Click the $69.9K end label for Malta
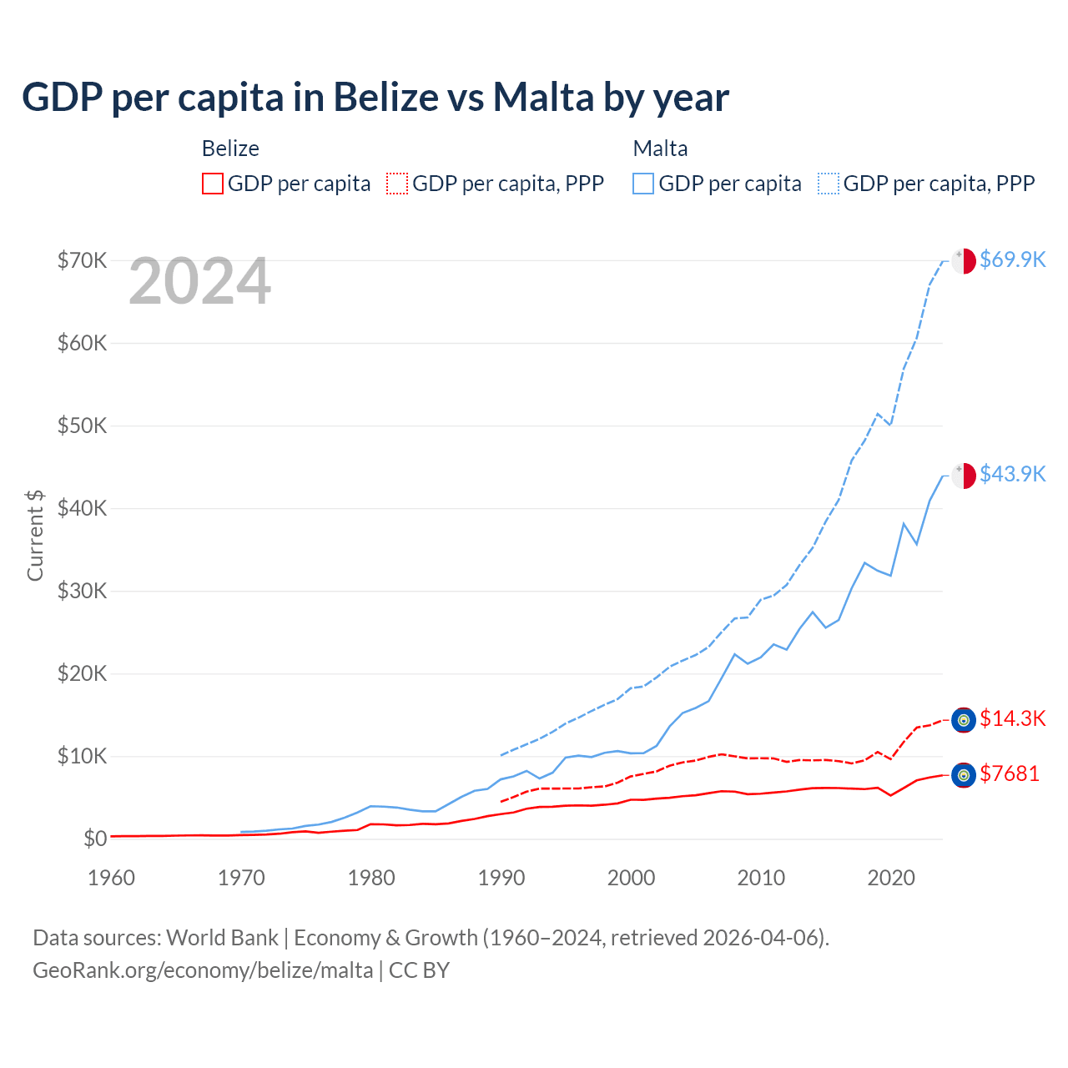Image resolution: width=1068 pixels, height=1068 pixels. tap(1012, 259)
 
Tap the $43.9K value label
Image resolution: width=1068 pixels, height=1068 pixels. tap(1012, 474)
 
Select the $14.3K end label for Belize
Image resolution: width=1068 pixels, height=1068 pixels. tap(1012, 718)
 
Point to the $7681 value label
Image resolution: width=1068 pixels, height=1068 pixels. tap(1010, 773)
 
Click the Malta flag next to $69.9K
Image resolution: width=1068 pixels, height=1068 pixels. tap(964, 260)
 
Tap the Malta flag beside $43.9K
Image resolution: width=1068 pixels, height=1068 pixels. tap(964, 475)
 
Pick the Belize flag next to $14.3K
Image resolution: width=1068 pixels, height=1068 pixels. tap(964, 720)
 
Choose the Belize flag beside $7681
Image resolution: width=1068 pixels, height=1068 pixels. tap(964, 775)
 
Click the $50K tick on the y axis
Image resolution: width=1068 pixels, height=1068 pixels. tap(82, 426)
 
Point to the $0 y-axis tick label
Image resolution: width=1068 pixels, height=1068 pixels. tap(95, 839)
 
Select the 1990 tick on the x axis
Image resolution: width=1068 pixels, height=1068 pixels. tap(501, 878)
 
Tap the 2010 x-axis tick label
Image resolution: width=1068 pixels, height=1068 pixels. tap(761, 878)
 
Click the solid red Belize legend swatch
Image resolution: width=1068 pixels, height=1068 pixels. tap(213, 184)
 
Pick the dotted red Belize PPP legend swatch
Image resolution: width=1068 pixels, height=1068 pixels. tap(397, 184)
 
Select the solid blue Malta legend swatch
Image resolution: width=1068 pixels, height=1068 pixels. tap(643, 184)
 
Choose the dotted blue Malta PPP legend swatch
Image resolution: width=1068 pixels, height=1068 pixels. tap(829, 184)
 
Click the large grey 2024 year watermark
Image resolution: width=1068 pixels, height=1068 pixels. tap(200, 282)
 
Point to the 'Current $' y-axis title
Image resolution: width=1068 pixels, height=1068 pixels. tap(35, 535)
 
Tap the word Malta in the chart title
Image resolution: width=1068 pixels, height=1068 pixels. tap(543, 97)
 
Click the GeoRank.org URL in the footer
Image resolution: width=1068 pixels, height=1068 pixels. tap(203, 970)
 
